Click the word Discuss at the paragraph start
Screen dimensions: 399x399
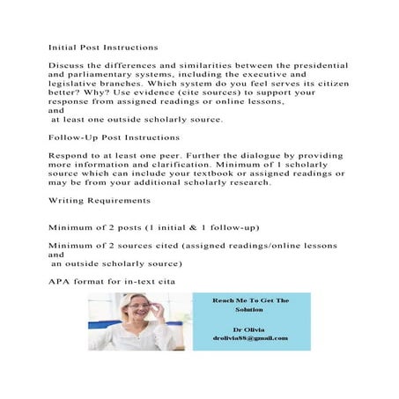(64, 66)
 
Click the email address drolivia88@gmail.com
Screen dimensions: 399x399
(251, 338)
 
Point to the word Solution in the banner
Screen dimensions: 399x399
(250, 311)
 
